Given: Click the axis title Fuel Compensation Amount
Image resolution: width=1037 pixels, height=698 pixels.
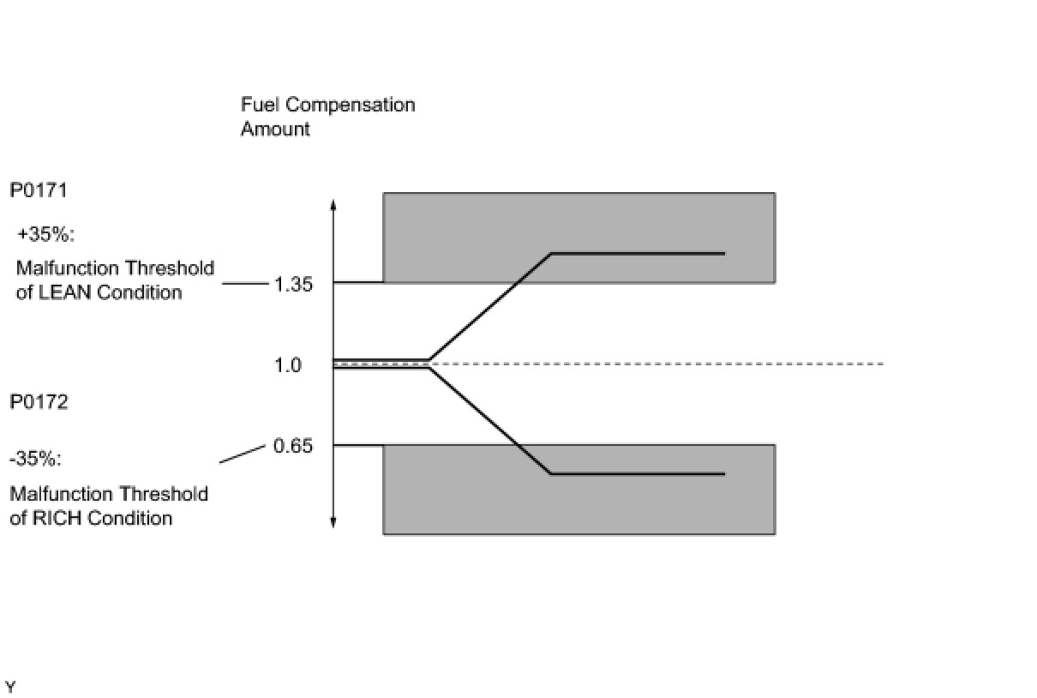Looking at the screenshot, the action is click(x=327, y=117).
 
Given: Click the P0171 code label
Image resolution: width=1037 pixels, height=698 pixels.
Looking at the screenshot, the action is click(x=39, y=190).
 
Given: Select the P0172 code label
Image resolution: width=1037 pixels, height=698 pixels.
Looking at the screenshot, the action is click(x=39, y=402).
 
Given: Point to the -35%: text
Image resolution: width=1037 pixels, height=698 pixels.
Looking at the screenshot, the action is click(x=36, y=459).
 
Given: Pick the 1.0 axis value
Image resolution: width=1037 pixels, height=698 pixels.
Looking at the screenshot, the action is click(x=288, y=365).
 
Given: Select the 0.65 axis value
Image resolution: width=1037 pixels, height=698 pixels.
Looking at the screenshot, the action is click(x=292, y=446).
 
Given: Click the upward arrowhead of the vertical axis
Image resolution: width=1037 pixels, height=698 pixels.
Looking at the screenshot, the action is click(x=333, y=205).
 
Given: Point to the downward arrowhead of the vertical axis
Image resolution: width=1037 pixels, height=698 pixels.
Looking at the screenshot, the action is click(x=333, y=522).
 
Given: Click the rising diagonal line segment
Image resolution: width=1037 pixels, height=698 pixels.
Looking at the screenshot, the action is click(x=489, y=307).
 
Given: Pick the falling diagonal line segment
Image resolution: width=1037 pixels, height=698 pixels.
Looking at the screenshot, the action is click(x=489, y=421).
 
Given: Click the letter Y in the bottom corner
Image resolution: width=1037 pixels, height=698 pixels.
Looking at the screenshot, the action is click(x=10, y=687).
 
